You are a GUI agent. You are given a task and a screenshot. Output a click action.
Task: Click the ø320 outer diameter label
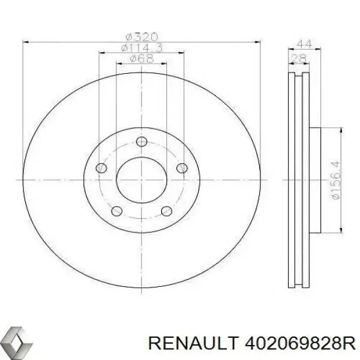pos(142,37)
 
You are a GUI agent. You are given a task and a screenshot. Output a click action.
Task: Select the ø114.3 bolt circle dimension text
pos(142,47)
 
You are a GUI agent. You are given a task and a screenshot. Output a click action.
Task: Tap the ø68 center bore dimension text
pos(142,58)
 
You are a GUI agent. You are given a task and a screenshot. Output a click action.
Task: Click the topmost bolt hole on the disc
pos(142,142)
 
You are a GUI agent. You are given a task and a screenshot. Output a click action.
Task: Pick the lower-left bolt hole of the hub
pos(118,211)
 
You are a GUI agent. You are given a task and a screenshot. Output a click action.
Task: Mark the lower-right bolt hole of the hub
pos(166,211)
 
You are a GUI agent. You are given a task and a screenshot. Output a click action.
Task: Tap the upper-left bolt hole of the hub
pos(103,168)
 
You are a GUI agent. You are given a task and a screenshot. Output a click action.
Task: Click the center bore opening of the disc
pos(142,179)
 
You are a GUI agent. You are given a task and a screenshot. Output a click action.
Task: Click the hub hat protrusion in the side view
pos(318,179)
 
